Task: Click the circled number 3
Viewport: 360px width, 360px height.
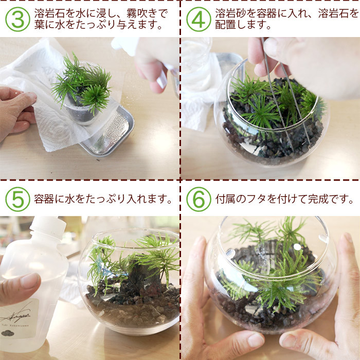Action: click(x=17, y=20)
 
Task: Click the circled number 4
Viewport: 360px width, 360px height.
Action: click(x=199, y=20)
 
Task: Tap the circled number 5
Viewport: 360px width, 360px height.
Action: click(x=17, y=200)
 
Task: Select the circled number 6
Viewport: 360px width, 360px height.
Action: click(x=199, y=200)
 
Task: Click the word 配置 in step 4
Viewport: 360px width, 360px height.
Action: click(x=225, y=25)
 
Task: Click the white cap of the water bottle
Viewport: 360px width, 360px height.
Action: click(x=47, y=227)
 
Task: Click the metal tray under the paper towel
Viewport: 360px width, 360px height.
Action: click(x=108, y=133)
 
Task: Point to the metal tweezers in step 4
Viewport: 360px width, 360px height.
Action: click(x=285, y=92)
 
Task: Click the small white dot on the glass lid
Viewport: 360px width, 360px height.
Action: click(x=297, y=247)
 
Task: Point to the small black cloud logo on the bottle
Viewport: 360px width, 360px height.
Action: click(x=7, y=333)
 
